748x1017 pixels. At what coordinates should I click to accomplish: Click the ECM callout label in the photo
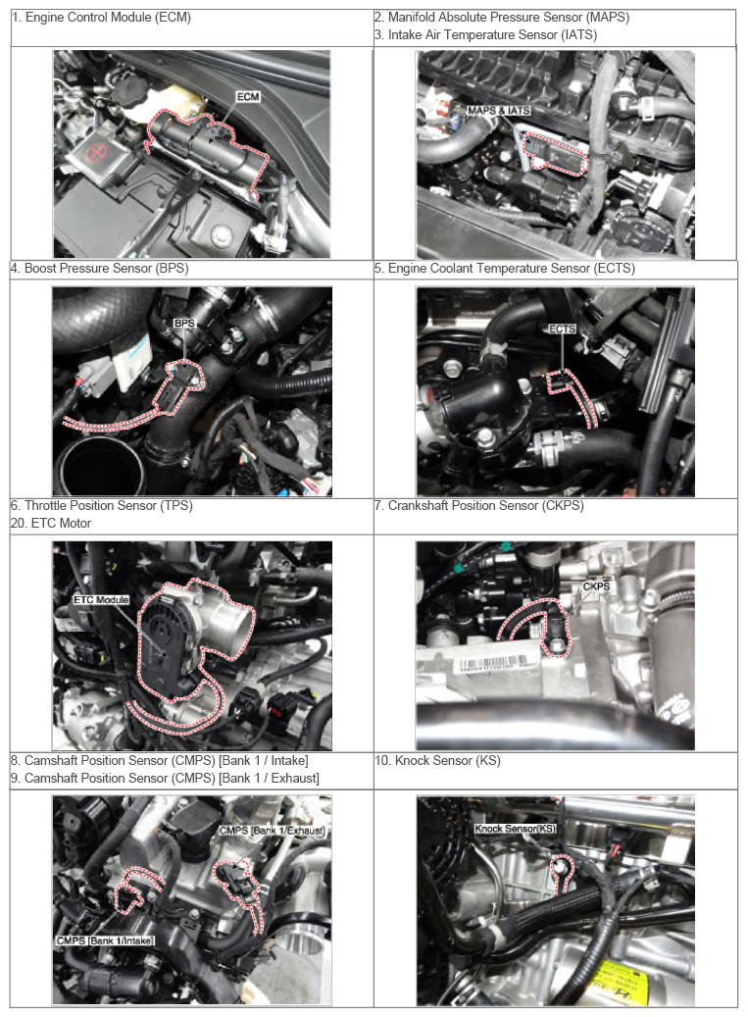(x=248, y=97)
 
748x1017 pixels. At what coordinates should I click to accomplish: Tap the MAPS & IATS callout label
(x=498, y=111)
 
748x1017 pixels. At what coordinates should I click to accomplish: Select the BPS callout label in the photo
(x=184, y=323)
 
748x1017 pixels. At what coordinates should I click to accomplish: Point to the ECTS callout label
(x=562, y=329)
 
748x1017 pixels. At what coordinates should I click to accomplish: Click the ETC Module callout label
(x=101, y=600)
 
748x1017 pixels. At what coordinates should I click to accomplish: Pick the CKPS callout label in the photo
(x=596, y=586)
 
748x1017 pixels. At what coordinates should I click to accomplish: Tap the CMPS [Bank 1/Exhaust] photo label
(x=272, y=831)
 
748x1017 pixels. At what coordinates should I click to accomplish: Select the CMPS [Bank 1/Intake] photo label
(x=104, y=941)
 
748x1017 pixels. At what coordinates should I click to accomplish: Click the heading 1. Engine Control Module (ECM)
(x=102, y=18)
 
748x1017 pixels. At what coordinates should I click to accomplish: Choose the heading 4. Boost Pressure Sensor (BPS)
(x=100, y=268)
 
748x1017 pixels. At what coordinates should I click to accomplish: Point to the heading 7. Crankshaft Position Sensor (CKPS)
(x=479, y=505)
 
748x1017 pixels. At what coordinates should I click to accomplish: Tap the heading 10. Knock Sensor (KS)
(x=438, y=760)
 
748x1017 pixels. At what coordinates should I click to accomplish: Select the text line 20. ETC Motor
(x=51, y=523)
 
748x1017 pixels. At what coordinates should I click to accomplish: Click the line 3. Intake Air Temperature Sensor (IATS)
(x=486, y=35)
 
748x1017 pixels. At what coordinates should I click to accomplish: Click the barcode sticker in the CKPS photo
(x=492, y=664)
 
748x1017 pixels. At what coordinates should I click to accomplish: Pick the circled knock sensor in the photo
(x=562, y=867)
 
